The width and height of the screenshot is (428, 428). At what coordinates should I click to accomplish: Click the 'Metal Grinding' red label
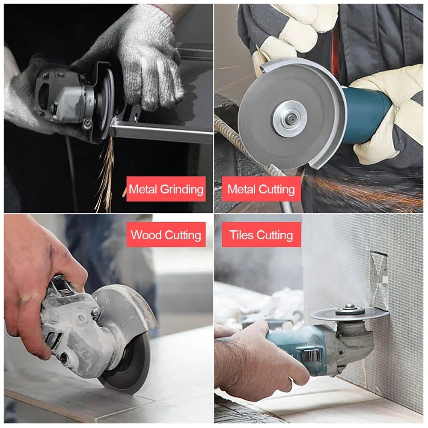pos(166,189)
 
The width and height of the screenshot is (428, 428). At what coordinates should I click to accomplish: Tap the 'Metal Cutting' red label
pos(261,189)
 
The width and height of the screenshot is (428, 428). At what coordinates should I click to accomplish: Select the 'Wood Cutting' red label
pos(166,235)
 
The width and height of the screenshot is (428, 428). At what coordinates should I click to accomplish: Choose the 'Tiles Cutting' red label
pos(261,235)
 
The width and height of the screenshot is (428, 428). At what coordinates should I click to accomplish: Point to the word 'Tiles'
pos(241,235)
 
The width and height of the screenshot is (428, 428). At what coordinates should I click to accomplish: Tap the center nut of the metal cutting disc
pos(290,119)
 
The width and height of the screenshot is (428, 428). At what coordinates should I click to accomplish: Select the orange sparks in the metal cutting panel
pos(364,188)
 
